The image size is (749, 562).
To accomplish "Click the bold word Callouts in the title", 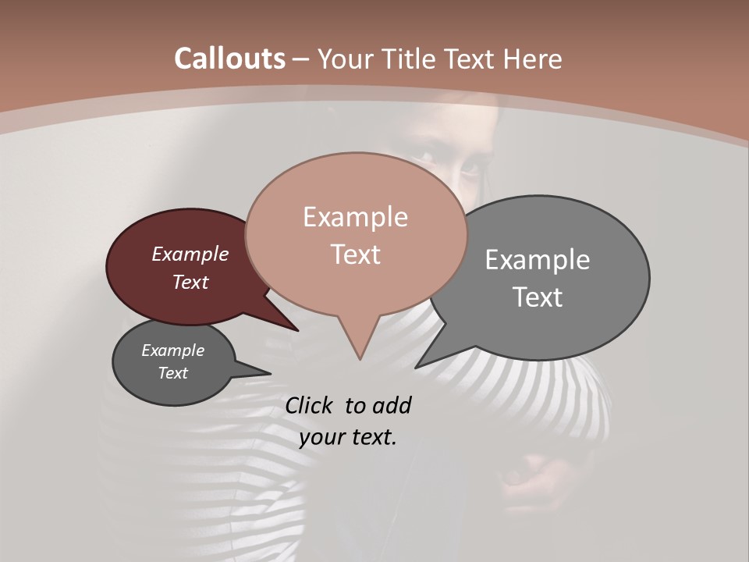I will click(x=229, y=59).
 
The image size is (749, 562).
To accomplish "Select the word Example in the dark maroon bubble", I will click(x=190, y=254).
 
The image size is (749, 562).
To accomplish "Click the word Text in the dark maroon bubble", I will click(x=190, y=282).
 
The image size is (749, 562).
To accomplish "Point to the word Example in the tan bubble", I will click(x=355, y=217).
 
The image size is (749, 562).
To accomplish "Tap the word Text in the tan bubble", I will click(x=355, y=254).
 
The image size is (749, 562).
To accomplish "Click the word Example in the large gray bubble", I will click(x=538, y=259).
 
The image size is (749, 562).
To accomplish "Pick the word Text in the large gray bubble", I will click(x=538, y=297).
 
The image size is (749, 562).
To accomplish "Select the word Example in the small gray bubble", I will click(x=173, y=350).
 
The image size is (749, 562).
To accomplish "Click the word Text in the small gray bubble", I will click(x=173, y=373).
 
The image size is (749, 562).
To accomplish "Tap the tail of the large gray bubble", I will click(x=421, y=365).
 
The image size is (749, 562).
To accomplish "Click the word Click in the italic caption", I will click(x=311, y=405).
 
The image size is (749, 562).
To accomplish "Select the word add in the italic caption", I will click(x=392, y=405).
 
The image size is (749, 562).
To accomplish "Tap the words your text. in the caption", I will click(x=348, y=437).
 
